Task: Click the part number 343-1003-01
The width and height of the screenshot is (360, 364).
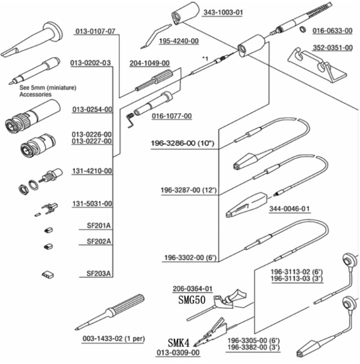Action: tap(223, 12)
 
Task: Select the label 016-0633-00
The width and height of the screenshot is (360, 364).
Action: tap(332, 31)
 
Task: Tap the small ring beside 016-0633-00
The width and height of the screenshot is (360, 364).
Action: tap(302, 29)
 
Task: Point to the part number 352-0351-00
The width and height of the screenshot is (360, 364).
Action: tap(332, 48)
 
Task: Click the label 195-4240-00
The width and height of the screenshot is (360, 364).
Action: tap(179, 41)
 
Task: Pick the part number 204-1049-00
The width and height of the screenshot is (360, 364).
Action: tap(149, 63)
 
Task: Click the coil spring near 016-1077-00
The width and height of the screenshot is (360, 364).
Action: tap(130, 120)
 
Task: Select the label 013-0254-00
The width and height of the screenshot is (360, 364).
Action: tap(92, 110)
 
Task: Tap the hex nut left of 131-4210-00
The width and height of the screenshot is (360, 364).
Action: tap(23, 189)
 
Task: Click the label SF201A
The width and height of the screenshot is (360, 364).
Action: tap(99, 226)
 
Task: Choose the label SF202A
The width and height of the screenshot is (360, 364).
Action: tap(99, 241)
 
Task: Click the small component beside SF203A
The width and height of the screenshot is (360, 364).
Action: tap(48, 274)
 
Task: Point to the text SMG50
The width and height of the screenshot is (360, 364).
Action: tap(192, 300)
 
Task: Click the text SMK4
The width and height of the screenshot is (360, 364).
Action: tap(179, 343)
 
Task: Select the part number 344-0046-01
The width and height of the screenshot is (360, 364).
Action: tap(290, 209)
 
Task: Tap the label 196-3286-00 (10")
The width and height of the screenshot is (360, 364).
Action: tap(182, 143)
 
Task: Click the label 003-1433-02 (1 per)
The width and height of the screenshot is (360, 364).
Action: tap(114, 339)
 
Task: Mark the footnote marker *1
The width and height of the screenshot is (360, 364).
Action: tap(205, 58)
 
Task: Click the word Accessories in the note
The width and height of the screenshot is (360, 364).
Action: tap(36, 94)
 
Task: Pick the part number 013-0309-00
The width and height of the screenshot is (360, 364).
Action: tap(178, 353)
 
